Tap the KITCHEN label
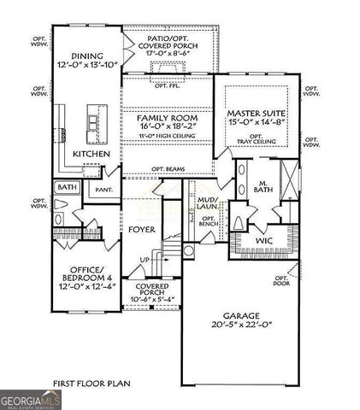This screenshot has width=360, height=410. (x=91, y=154)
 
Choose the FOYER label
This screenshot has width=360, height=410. (x=141, y=229)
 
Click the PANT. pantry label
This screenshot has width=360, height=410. (x=104, y=190)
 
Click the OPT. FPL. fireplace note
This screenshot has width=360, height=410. (x=168, y=86)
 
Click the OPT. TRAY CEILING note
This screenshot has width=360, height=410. (x=255, y=139)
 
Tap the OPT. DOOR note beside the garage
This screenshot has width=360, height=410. (x=283, y=281)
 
